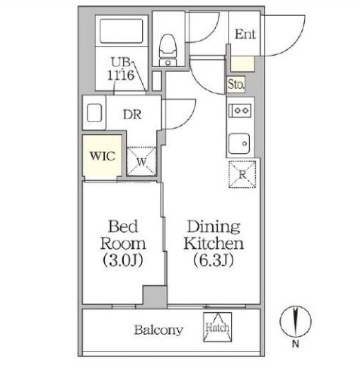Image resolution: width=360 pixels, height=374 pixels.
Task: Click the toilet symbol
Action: (168, 50)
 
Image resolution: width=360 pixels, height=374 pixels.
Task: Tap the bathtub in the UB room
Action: (122, 31)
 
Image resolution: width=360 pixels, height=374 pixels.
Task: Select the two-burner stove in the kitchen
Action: (240, 110)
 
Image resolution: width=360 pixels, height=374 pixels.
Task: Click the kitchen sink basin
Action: (239, 143)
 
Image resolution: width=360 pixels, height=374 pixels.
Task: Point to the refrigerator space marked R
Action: (242, 174)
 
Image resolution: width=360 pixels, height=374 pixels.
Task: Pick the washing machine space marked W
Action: (141, 161)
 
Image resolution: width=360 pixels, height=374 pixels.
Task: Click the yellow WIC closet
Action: (102, 156)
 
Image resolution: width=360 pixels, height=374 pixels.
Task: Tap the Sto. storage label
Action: (235, 84)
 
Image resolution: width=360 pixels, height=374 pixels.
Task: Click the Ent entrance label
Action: (245, 34)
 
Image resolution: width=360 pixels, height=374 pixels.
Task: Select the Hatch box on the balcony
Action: (217, 326)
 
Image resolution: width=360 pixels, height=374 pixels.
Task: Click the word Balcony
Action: (158, 330)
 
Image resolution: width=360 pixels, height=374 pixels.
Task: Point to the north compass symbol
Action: (296, 321)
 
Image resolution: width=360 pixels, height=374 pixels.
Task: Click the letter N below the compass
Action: (296, 344)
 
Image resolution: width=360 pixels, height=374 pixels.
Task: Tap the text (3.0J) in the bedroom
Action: (123, 260)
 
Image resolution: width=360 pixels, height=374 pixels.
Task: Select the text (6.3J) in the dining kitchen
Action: (214, 260)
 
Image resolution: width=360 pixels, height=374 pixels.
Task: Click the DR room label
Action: (133, 115)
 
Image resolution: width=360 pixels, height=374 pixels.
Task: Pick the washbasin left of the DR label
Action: (94, 113)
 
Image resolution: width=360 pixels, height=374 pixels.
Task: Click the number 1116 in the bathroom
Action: (121, 75)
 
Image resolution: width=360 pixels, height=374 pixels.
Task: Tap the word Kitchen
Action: (214, 244)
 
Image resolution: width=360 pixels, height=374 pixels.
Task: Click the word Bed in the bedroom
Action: (123, 226)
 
